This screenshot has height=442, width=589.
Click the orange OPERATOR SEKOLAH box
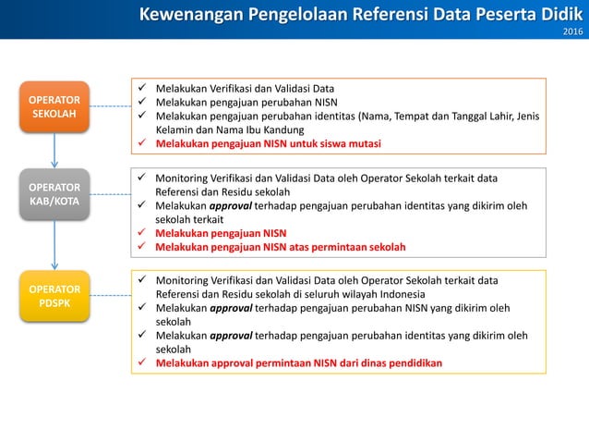54,106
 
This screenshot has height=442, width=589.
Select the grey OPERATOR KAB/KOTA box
54,193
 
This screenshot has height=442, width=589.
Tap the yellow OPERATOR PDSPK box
54,296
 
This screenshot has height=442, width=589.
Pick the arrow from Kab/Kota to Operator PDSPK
54,245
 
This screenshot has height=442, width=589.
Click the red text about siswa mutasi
268,144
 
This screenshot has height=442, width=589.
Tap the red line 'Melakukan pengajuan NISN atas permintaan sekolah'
280,248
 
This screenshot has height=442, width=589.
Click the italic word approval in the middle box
231,206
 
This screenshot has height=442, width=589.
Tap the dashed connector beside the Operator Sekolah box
110,106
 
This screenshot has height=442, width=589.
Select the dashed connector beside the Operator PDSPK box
110,296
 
